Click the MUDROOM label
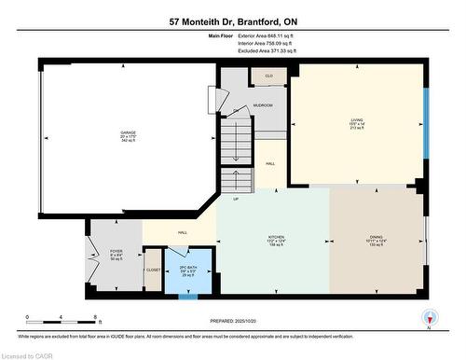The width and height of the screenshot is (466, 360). pos(262,105)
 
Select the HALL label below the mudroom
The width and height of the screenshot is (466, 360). pos(269,164)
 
